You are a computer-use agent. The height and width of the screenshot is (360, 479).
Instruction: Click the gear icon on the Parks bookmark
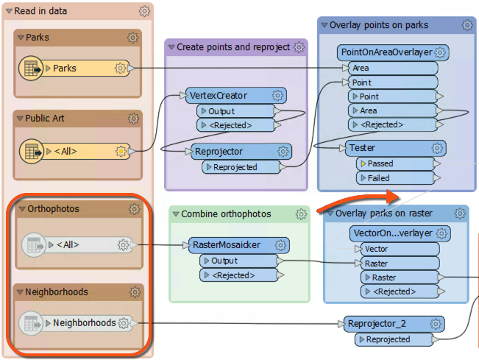click(132, 38)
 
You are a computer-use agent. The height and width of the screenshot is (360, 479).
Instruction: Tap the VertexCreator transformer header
click(227, 96)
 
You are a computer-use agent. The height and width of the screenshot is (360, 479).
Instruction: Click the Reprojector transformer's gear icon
click(283, 152)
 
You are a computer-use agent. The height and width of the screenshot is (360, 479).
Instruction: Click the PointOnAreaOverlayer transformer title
click(386, 53)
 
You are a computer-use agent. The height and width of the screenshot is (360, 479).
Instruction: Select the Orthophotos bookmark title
click(52, 209)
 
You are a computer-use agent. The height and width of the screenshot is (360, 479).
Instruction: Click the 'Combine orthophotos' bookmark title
click(227, 214)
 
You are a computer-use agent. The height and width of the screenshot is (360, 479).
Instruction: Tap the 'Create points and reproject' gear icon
click(299, 47)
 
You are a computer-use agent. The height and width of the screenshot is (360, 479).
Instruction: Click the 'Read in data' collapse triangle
click(9, 12)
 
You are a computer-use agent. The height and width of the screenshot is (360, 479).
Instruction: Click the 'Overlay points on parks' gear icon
click(466, 25)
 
